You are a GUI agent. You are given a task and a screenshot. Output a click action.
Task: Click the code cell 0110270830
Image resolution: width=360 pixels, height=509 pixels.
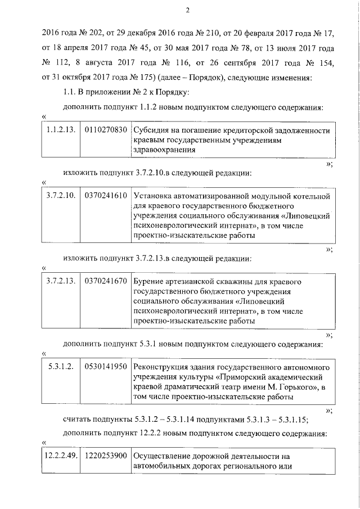(106, 130)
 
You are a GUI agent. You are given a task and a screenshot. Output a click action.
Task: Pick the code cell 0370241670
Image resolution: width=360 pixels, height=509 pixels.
(106, 281)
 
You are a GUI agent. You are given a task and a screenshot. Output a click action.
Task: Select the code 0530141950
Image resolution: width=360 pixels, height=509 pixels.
(106, 367)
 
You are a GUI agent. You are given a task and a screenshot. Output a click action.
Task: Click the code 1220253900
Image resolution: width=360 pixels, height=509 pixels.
(106, 454)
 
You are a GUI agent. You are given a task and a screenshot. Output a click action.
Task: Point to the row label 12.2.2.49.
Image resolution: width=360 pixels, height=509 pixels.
(61, 454)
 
